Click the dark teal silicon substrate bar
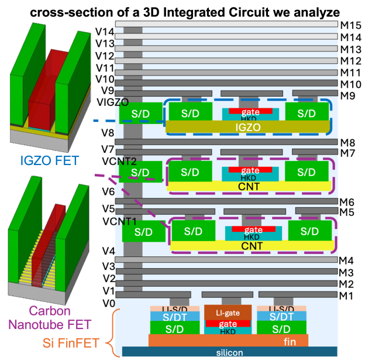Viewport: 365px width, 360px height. click(x=229, y=352)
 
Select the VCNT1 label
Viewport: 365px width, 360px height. click(x=108, y=221)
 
